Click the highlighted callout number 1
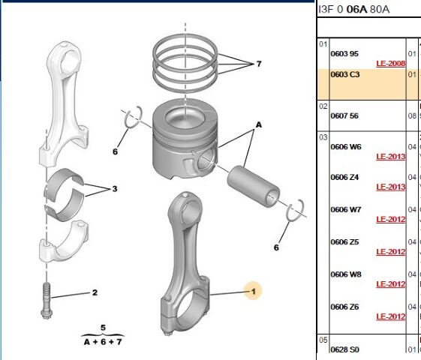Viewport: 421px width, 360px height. point(253,290)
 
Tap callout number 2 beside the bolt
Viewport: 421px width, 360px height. point(95,292)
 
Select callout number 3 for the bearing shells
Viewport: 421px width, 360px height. point(115,189)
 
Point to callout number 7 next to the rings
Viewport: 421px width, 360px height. point(258,64)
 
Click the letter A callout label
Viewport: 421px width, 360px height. point(259,124)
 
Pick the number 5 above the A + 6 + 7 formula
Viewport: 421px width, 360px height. point(102,327)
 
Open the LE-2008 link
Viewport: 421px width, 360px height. point(390,64)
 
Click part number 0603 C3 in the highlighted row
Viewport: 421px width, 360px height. point(344,75)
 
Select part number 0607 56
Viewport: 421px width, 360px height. point(344,116)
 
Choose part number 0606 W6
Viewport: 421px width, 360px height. point(346,146)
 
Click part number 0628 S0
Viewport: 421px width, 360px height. point(344,349)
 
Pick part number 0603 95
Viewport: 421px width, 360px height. point(344,54)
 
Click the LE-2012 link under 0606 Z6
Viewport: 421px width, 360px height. point(390,316)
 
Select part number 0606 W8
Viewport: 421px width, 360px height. point(346,274)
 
